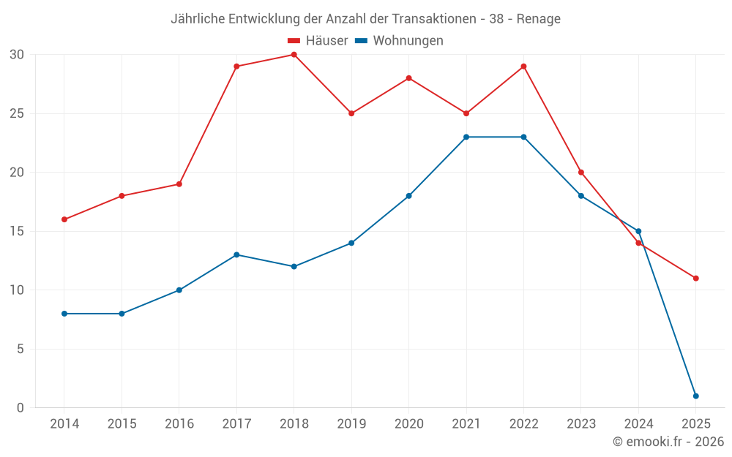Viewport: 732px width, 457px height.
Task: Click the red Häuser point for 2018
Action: (x=294, y=55)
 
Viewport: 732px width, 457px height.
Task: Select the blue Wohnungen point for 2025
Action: (x=695, y=396)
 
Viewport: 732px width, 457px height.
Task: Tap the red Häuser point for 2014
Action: (x=64, y=219)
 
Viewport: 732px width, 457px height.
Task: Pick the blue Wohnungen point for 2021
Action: (x=466, y=137)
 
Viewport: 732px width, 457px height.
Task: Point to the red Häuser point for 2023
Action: (x=581, y=173)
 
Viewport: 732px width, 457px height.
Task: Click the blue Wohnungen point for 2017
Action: (x=236, y=254)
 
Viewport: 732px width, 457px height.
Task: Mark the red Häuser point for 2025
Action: (x=695, y=279)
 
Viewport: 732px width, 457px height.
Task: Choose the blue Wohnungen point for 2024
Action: (x=638, y=231)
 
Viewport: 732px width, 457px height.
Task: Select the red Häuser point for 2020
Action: (x=408, y=78)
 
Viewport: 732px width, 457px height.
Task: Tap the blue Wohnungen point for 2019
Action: (x=351, y=243)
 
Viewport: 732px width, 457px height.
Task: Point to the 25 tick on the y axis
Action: (x=17, y=113)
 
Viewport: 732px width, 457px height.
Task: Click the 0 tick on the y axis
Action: (x=20, y=408)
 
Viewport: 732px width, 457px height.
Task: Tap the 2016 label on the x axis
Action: (x=179, y=424)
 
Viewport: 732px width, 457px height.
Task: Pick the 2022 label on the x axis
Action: (x=523, y=424)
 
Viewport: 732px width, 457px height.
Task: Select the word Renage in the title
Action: (x=538, y=19)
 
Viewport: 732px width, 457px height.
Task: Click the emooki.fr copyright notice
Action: (x=668, y=442)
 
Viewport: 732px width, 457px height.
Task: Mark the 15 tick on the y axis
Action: (x=17, y=231)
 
